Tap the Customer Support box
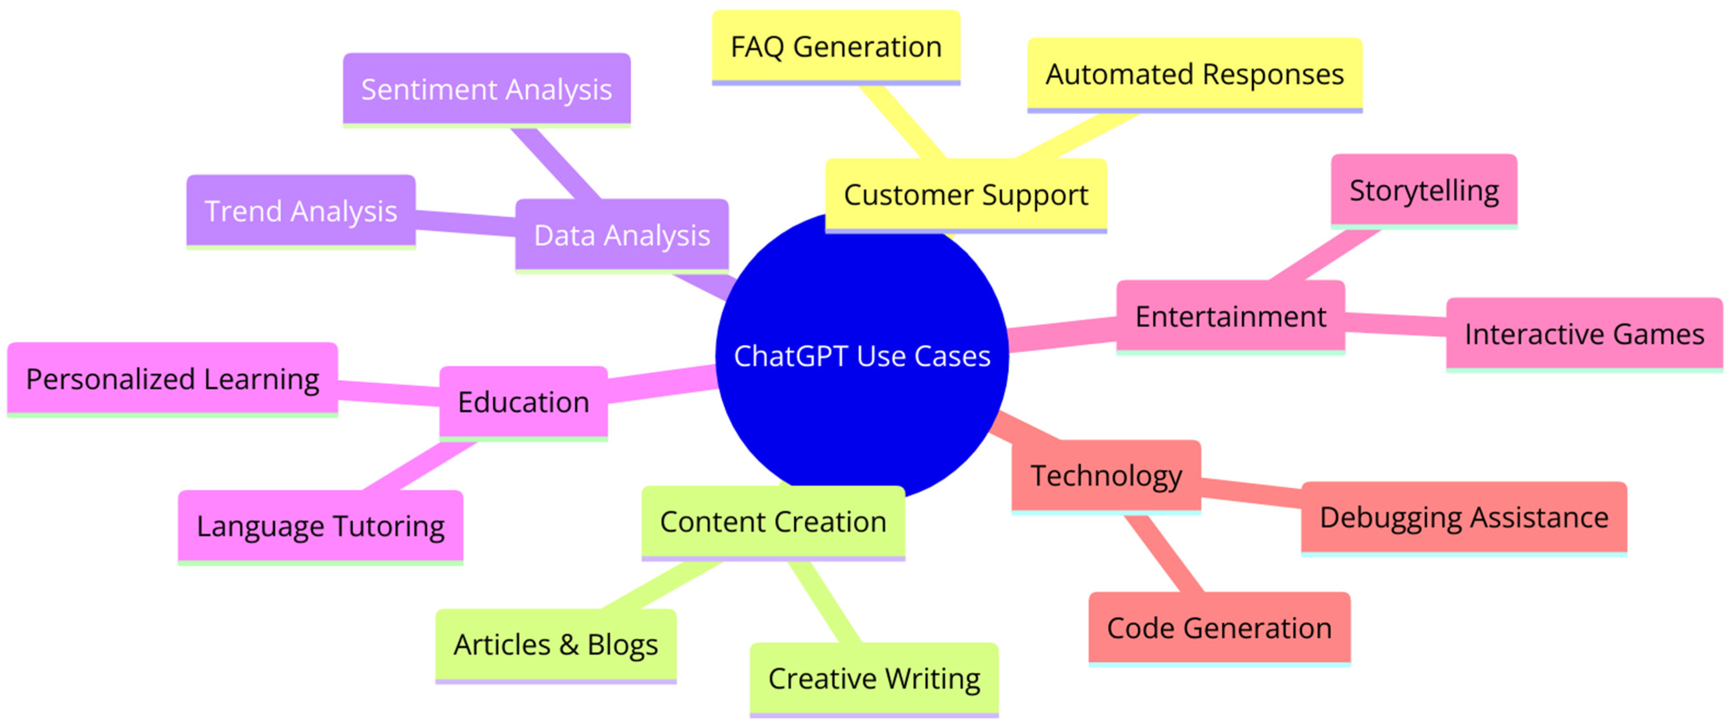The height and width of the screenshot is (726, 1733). (966, 196)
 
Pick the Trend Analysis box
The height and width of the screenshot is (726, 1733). (301, 212)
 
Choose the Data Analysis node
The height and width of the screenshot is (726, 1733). (622, 236)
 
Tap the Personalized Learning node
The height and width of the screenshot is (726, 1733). (172, 380)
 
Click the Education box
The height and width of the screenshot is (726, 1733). (523, 403)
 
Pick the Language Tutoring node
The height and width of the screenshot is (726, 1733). (320, 527)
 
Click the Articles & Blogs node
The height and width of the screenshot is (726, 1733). (556, 646)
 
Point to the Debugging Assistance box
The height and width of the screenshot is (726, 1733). (1464, 519)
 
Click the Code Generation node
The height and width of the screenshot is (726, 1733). (1219, 629)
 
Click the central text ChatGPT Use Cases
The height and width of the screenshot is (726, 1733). (862, 357)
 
